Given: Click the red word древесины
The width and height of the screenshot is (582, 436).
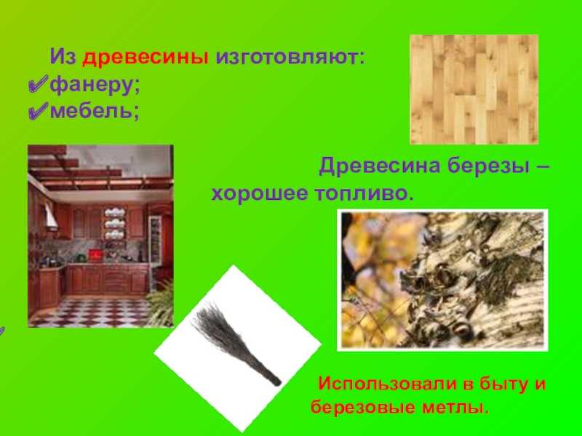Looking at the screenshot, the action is [x=145, y=57].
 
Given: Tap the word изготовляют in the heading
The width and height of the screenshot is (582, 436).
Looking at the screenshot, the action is [x=290, y=57].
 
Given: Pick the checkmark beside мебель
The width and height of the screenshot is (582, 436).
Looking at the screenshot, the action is [x=39, y=110].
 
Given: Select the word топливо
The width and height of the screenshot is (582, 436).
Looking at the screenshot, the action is [x=364, y=193].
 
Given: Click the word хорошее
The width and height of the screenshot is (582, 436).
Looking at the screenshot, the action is [x=260, y=193].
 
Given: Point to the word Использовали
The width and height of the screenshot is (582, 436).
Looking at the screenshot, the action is [x=387, y=384].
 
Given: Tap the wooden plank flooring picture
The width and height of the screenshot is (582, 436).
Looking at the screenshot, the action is [x=474, y=89].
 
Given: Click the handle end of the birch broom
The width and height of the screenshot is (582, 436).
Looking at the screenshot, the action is [x=276, y=381].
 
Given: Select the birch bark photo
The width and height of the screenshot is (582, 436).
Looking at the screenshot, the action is [x=442, y=280].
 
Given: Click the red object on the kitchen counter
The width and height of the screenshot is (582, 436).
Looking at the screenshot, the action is [x=95, y=256].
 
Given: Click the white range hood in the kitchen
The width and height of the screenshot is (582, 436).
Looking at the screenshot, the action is [x=50, y=216].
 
